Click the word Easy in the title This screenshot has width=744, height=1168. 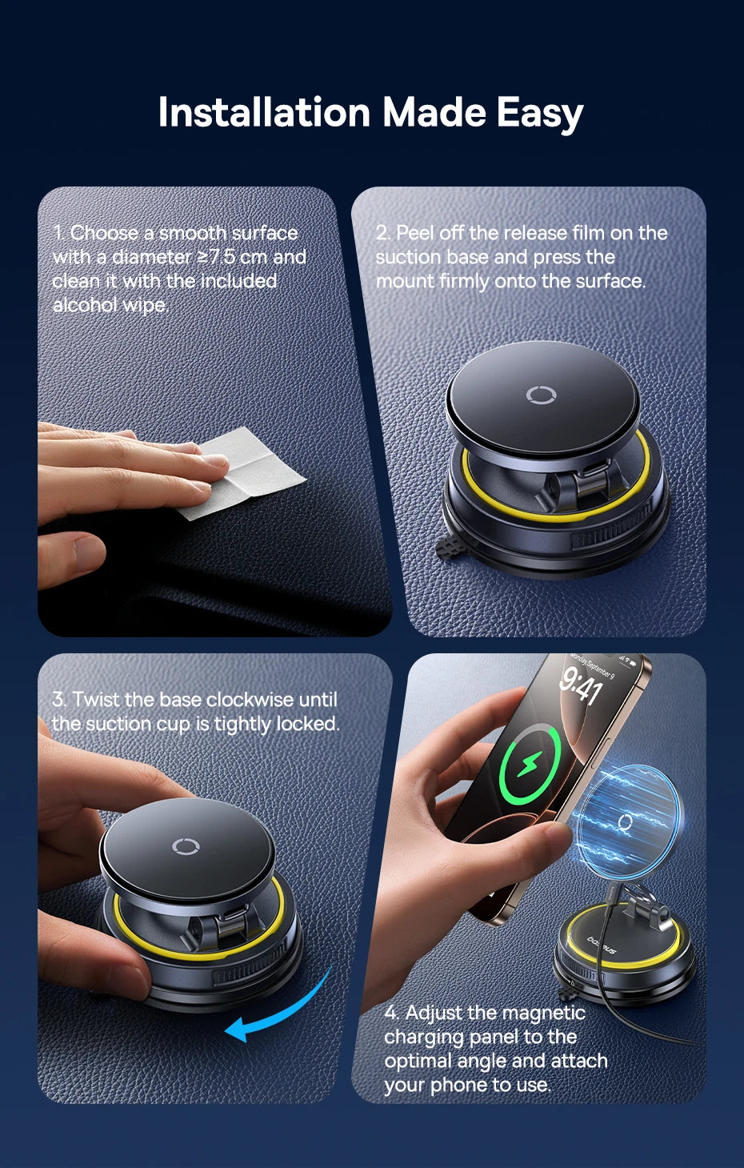coord(539,112)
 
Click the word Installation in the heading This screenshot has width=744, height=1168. coord(263,112)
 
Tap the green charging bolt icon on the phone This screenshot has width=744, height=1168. coord(528,765)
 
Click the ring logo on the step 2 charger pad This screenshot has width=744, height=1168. coord(541,395)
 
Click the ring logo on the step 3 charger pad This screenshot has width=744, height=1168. coord(186,846)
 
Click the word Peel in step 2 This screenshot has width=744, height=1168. coord(414,233)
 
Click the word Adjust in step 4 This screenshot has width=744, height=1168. coord(433,1013)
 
